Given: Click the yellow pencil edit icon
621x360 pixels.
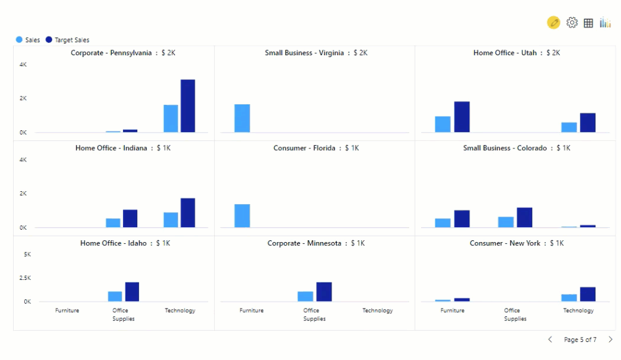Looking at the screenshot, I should click(x=553, y=23).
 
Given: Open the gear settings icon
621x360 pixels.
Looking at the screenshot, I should click(x=572, y=23).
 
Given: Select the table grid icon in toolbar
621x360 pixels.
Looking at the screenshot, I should click(x=588, y=23).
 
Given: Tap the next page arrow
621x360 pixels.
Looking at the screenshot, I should click(x=610, y=340).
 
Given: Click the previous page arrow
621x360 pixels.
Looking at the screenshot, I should click(x=550, y=340).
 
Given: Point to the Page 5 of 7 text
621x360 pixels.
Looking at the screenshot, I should click(x=580, y=340).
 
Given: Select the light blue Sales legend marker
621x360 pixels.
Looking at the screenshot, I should click(x=19, y=40).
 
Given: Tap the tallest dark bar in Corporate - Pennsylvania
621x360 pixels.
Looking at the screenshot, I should click(x=188, y=106).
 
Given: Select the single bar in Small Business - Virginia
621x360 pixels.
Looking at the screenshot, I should click(x=242, y=118).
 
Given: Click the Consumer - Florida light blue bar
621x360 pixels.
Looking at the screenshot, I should click(x=242, y=215).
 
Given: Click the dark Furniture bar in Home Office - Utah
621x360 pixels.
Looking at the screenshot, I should click(x=461, y=117).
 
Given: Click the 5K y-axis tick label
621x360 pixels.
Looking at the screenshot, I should click(x=27, y=254).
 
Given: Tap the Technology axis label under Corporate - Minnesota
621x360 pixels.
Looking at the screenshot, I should click(x=378, y=310).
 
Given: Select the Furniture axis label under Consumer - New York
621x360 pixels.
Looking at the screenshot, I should click(x=452, y=310).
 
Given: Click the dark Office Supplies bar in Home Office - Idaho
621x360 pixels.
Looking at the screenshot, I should click(x=132, y=292).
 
